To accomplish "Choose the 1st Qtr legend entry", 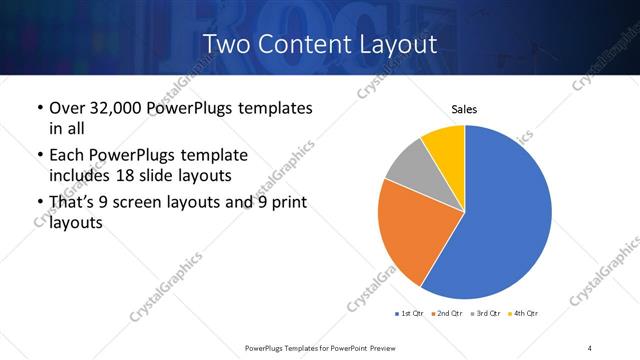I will pyautogui.click(x=411, y=314).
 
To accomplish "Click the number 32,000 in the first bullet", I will pyautogui.click(x=115, y=107).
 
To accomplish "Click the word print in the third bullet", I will pyautogui.click(x=286, y=203).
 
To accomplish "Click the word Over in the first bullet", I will pyautogui.click(x=67, y=107).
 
